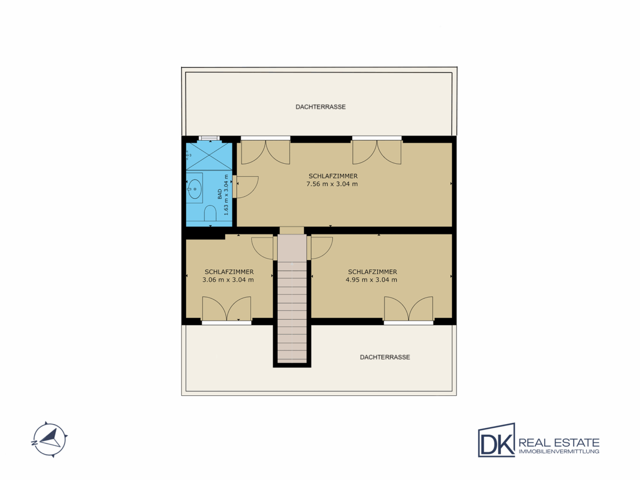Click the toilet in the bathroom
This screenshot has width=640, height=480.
210,214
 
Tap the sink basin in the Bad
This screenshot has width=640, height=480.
195,189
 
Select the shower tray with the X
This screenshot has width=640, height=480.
209,156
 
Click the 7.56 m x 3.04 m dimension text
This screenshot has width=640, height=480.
332,184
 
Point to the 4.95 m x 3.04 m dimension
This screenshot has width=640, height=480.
371,280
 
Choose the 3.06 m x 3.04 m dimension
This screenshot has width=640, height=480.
228,280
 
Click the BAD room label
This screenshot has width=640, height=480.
220,194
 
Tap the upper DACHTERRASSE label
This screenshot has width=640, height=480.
321,107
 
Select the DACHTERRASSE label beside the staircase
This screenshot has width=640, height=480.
385,357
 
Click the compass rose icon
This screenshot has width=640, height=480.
50,440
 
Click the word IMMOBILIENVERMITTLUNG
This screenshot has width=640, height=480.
559,451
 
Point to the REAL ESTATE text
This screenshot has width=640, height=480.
559,443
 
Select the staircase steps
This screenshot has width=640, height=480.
292,313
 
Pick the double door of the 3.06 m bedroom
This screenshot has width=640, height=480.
227,309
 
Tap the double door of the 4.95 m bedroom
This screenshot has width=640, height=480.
409,309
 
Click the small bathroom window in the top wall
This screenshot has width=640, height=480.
209,138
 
